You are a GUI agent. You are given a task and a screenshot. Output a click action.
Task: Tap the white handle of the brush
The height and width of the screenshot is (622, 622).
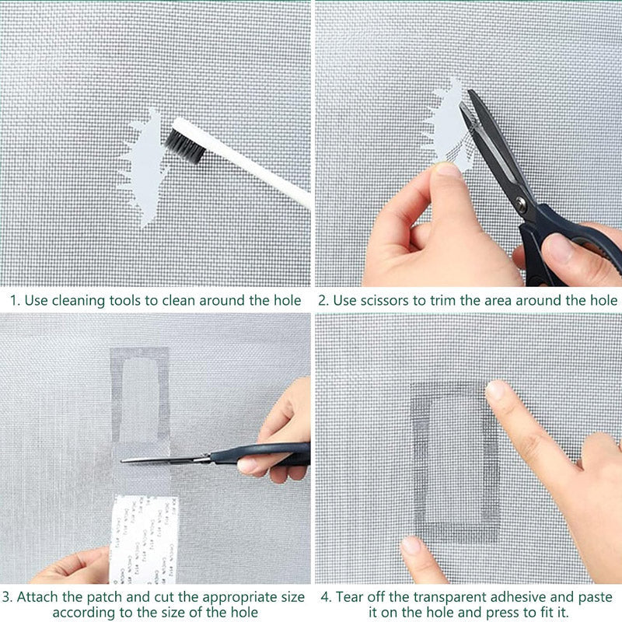click(257, 167)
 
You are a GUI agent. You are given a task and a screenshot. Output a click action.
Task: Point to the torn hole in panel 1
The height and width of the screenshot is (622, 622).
click(145, 167)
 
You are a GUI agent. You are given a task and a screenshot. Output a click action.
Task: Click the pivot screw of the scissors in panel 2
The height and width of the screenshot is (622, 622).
click(521, 204)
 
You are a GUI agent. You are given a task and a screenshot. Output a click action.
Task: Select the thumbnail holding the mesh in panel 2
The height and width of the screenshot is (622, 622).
click(448, 169)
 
